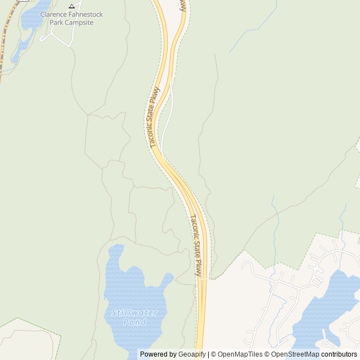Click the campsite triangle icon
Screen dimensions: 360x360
pos(71,6)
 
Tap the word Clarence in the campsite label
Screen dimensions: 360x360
pos(53,14)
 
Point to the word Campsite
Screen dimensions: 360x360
pos(79,22)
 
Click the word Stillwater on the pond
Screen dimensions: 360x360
pos(134,313)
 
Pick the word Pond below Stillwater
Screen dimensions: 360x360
pos(134,322)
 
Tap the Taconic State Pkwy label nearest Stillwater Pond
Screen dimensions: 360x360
pos(195,245)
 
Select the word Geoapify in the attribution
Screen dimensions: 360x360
pos(192,354)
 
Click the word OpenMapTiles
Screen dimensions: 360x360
pos(240,354)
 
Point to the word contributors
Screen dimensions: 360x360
pos(339,354)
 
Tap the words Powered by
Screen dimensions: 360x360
pos(158,354)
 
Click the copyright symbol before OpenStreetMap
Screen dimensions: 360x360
pos(267,354)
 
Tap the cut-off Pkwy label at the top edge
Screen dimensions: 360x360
pos(182,5)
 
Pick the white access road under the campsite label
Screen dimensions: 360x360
pos(62,36)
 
